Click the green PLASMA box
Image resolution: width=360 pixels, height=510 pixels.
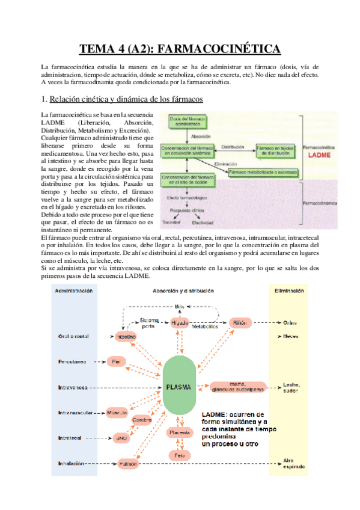[x=180, y=387]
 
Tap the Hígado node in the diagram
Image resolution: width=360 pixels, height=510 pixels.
[x=179, y=322]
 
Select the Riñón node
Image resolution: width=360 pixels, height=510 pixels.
[x=239, y=322]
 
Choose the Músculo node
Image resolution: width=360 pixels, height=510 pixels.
[x=117, y=413]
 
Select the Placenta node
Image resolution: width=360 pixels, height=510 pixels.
[x=179, y=432]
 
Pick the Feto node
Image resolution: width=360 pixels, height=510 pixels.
[x=179, y=455]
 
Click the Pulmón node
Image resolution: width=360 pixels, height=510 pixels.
[x=127, y=464]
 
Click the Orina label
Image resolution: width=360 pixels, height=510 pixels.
[x=290, y=322]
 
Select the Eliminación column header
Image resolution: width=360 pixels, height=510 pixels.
[x=288, y=291]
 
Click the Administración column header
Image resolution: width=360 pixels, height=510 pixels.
[x=73, y=291]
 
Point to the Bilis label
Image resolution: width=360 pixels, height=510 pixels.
[x=180, y=306]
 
